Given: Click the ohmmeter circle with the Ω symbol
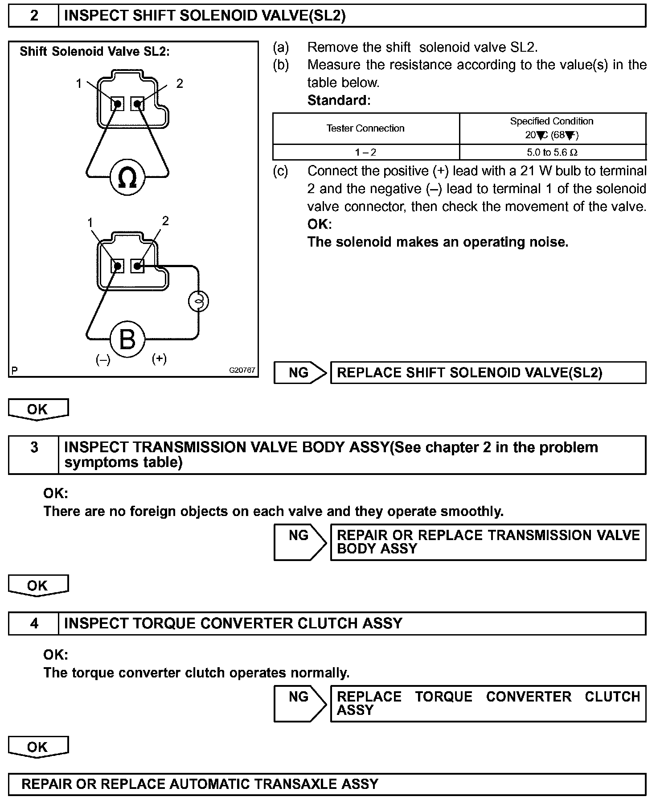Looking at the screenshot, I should pyautogui.click(x=127, y=177).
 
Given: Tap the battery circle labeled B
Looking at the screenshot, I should pyautogui.click(x=127, y=340).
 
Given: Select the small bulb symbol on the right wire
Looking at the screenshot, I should pyautogui.click(x=198, y=301).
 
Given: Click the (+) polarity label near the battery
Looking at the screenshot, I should pyautogui.click(x=159, y=359).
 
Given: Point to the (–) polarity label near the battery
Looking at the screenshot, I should pyautogui.click(x=103, y=359).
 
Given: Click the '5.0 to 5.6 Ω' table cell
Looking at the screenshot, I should pyautogui.click(x=552, y=152).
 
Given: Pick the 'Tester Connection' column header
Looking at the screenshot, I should pyautogui.click(x=365, y=128).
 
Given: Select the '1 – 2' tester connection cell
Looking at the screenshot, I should pyautogui.click(x=365, y=152).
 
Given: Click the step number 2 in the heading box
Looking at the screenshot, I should pyautogui.click(x=34, y=16).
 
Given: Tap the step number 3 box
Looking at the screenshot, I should pyautogui.click(x=34, y=448).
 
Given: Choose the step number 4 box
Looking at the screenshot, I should pyautogui.click(x=34, y=623).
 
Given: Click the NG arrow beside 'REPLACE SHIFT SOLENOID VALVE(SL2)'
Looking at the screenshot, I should pyautogui.click(x=300, y=373).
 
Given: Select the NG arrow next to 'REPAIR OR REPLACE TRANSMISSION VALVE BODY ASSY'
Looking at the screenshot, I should pyautogui.click(x=300, y=541).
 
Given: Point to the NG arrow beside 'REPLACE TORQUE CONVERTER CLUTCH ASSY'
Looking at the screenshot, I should pyautogui.click(x=300, y=703).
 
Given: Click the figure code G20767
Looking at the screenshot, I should pyautogui.click(x=242, y=370).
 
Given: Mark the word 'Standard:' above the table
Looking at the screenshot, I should pyautogui.click(x=339, y=100).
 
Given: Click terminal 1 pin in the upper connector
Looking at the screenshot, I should pyautogui.click(x=117, y=104).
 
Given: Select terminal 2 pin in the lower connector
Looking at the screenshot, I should pyautogui.click(x=138, y=267).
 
